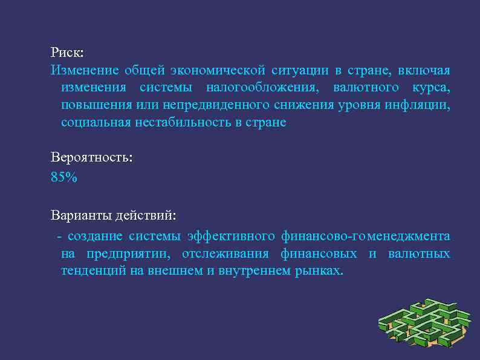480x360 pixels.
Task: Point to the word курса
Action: (430, 88)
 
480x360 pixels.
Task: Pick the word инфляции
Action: (420, 105)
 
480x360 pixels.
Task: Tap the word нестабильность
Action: (188, 123)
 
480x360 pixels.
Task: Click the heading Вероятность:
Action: (91, 158)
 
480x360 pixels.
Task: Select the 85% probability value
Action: (64, 178)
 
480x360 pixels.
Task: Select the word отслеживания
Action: (224, 253)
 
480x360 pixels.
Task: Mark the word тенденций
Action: (94, 270)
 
